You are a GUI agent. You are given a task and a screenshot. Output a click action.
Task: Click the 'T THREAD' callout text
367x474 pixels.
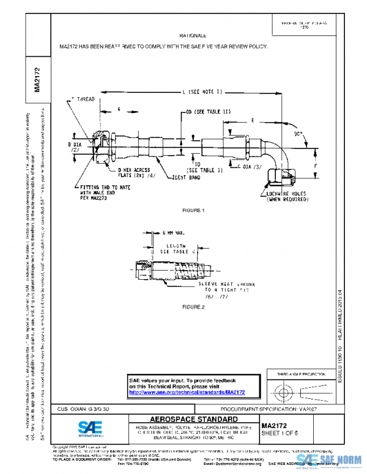click(83, 98)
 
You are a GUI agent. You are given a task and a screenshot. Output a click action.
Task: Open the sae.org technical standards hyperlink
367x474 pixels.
click(186, 392)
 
